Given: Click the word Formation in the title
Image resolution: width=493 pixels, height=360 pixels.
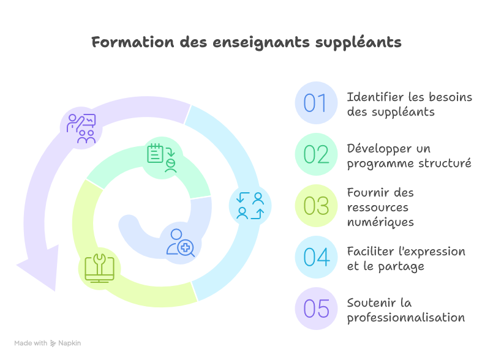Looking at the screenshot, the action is (x=133, y=42).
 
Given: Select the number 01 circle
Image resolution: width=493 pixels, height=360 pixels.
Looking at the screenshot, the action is (x=316, y=103).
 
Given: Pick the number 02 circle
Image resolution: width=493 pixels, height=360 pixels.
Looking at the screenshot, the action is (x=316, y=154).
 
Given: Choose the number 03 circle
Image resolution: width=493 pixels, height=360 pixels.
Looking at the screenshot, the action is (x=316, y=206).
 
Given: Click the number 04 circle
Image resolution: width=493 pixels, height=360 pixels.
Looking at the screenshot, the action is (x=316, y=257).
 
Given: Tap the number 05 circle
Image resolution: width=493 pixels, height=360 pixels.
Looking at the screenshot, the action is (x=316, y=309).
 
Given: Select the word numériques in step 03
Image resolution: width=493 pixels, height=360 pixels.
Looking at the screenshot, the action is (x=380, y=222).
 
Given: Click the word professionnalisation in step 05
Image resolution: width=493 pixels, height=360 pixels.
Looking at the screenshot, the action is (x=406, y=318).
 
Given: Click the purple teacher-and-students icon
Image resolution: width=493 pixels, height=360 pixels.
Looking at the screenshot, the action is (x=81, y=129).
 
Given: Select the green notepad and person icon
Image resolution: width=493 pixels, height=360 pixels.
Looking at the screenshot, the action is (x=162, y=158).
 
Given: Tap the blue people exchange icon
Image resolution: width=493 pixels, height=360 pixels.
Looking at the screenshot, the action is (x=250, y=206).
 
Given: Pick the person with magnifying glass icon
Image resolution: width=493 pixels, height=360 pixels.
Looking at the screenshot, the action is (x=180, y=243).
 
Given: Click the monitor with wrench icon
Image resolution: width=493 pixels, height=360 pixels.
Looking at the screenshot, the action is (x=99, y=268).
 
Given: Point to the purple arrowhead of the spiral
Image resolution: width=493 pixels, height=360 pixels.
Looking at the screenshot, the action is (x=42, y=266).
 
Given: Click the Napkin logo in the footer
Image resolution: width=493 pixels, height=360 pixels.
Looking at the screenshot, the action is (x=66, y=343).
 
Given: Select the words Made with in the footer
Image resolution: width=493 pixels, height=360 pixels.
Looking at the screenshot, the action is (x=31, y=343).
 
